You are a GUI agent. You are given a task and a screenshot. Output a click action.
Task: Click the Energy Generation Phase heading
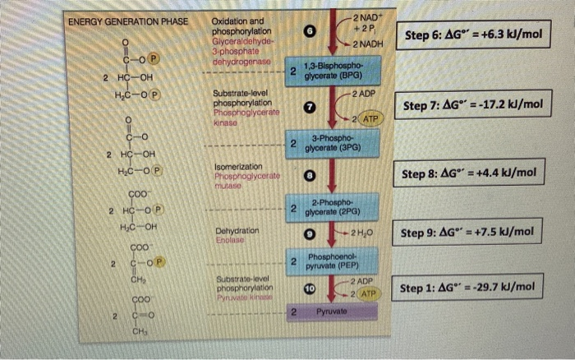(127, 21)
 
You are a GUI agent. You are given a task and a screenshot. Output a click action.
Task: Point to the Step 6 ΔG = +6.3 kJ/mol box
(471, 38)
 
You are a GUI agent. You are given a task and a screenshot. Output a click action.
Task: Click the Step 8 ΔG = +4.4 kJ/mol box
(469, 173)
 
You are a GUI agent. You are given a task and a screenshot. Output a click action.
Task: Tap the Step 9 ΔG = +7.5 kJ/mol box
(469, 233)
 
